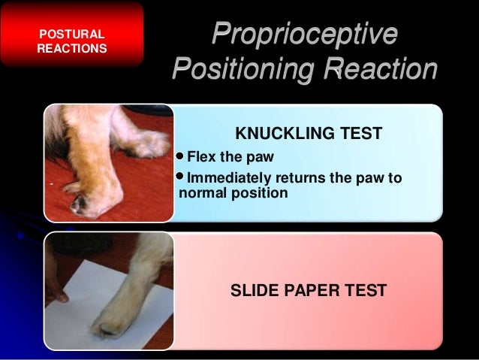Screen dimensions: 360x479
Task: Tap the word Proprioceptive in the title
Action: (x=305, y=35)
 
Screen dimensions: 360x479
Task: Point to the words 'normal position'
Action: (x=233, y=193)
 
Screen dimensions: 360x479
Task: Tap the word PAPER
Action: (x=312, y=289)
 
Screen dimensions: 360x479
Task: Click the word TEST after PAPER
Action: (x=366, y=289)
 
